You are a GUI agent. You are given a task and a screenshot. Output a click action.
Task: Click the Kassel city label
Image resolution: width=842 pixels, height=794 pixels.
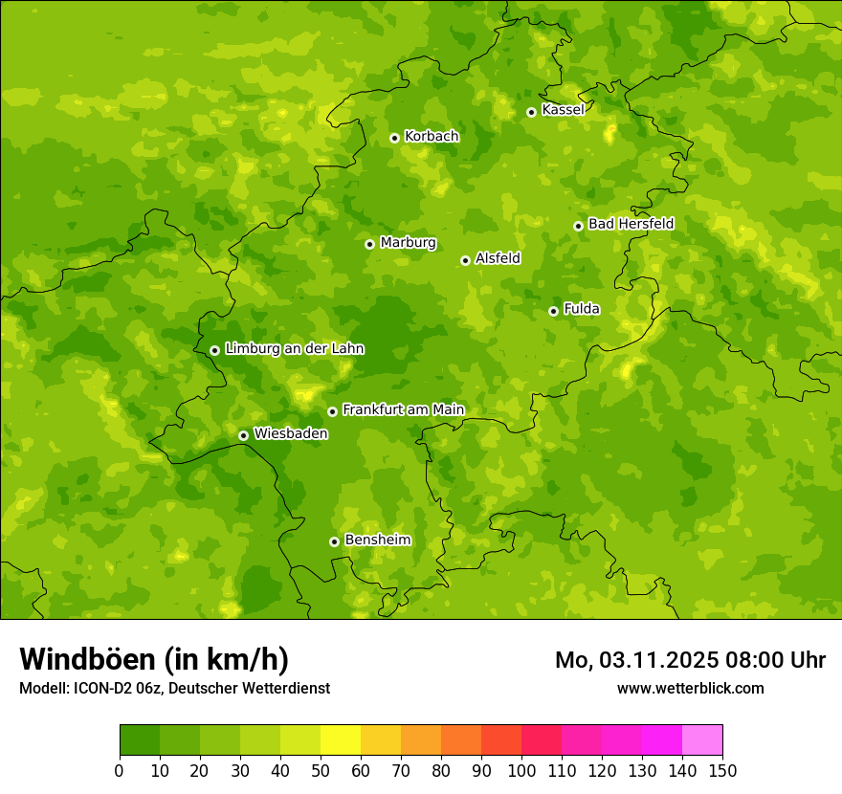click(563, 110)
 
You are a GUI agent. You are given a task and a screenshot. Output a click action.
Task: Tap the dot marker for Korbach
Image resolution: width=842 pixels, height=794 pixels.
click(394, 138)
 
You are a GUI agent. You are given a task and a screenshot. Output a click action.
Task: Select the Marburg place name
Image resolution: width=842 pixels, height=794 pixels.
click(408, 243)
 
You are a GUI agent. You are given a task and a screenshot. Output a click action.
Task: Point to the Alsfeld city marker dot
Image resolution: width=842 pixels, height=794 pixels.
click(465, 260)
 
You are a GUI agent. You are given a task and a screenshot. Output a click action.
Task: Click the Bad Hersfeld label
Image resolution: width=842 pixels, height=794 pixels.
click(631, 224)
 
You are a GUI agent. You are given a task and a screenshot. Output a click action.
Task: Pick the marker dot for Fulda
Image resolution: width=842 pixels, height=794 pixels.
click(553, 311)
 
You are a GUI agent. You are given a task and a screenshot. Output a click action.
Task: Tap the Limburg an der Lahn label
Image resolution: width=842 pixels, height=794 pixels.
click(294, 349)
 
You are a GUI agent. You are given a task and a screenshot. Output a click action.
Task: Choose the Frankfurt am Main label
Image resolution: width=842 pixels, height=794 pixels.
click(403, 409)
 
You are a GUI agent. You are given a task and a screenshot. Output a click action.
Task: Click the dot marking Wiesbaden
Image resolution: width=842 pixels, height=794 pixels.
click(243, 435)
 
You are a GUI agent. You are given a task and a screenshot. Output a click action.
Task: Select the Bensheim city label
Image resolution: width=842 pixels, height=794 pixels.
click(377, 540)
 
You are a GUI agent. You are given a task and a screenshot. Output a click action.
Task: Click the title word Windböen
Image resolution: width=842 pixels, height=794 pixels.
click(87, 659)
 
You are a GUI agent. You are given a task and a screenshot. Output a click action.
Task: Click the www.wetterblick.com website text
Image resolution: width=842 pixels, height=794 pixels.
click(690, 688)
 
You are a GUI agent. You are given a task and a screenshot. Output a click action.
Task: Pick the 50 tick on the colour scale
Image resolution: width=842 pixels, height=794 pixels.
click(321, 769)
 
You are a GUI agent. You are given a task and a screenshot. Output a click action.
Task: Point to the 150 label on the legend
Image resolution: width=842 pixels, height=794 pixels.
click(722, 769)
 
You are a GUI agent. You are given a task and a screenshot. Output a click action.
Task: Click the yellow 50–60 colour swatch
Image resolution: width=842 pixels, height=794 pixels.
click(341, 740)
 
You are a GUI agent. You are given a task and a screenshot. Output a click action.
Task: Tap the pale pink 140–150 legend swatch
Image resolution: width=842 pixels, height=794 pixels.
click(702, 740)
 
